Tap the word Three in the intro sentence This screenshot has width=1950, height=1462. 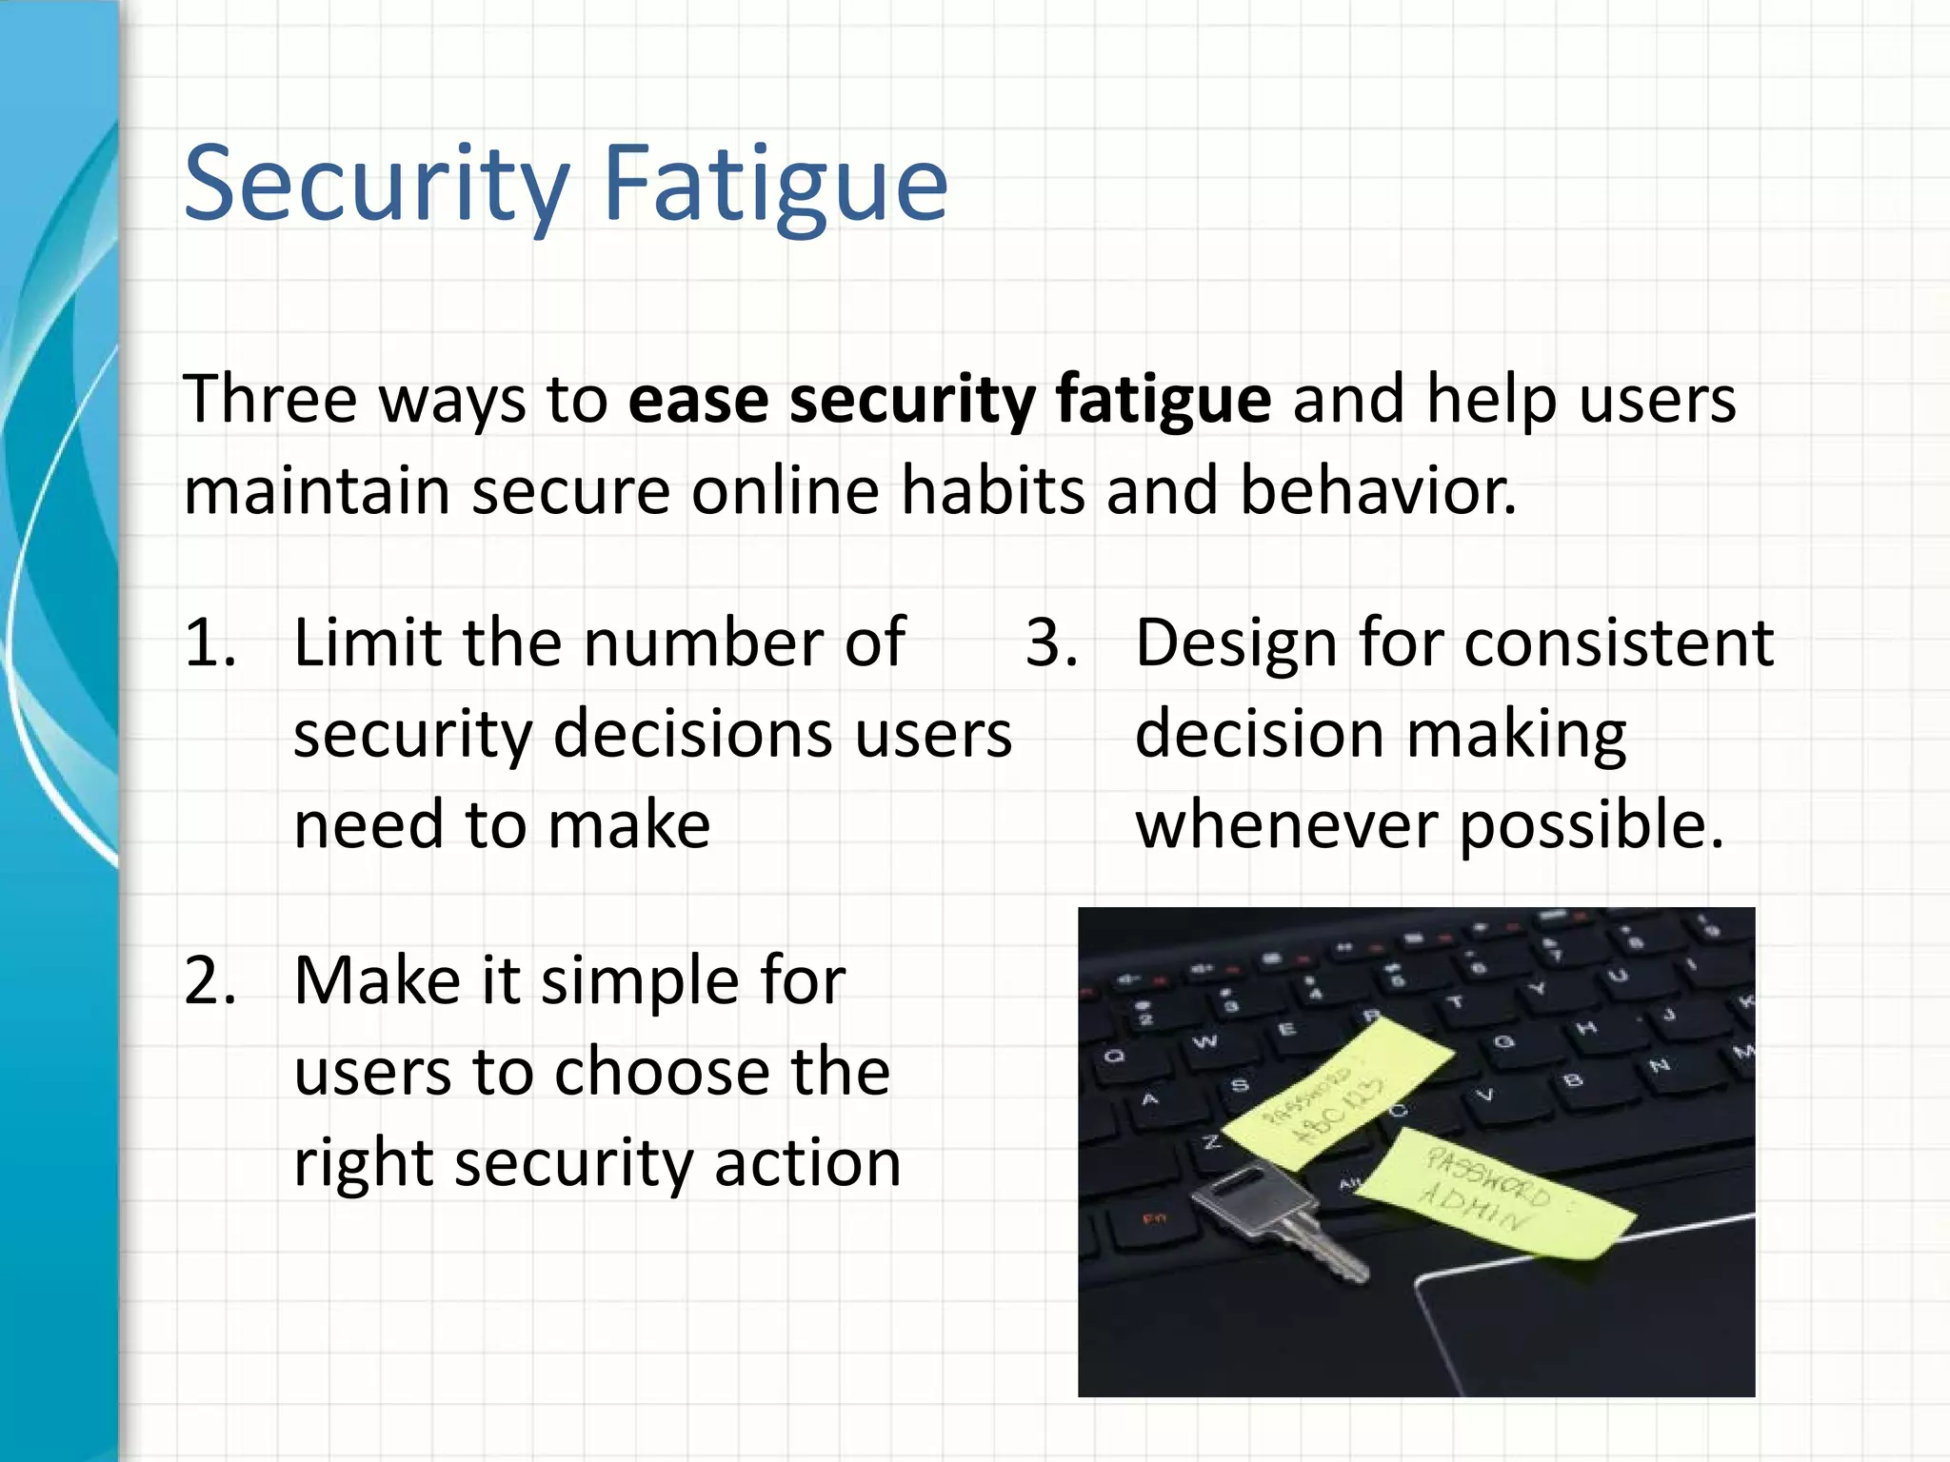[269, 399]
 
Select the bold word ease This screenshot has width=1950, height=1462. [698, 399]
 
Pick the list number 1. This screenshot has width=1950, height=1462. [209, 642]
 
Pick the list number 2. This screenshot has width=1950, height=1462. [209, 980]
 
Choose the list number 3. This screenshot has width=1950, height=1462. [1051, 642]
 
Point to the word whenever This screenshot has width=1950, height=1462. [1286, 824]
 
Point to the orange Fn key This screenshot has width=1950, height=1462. [1154, 1218]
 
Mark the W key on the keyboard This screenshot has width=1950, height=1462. [1204, 1041]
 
